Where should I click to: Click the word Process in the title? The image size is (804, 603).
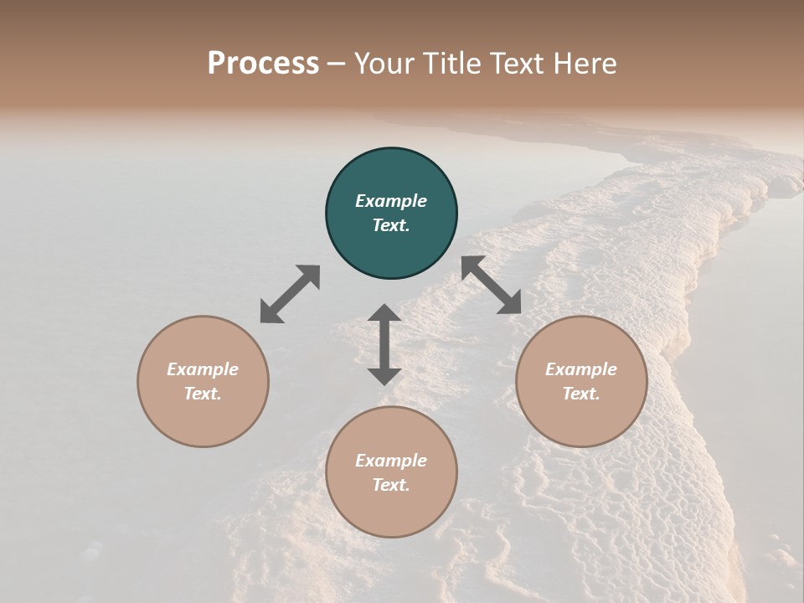(263, 64)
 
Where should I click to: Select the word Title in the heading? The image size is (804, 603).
(453, 64)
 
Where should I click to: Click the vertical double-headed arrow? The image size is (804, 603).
(384, 344)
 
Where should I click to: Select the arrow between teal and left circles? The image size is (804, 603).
(290, 294)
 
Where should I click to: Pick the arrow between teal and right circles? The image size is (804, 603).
(492, 285)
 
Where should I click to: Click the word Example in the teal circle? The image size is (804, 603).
(391, 201)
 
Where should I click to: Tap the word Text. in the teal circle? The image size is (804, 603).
(391, 225)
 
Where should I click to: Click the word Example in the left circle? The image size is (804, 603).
(203, 369)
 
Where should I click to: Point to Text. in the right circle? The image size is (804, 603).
(581, 394)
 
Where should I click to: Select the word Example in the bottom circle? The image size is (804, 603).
(391, 461)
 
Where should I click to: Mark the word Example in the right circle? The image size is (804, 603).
(581, 369)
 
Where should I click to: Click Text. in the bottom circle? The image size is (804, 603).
(391, 485)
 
